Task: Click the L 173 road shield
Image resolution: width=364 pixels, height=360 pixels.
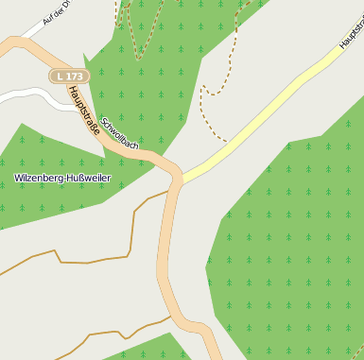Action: click(69, 75)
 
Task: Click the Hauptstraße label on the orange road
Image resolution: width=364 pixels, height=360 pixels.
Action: click(84, 110)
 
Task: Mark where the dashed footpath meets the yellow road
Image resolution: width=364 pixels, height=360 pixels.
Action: click(227, 142)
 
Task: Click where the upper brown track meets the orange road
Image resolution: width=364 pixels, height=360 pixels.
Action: click(170, 191)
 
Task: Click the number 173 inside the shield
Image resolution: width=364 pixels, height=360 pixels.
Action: click(73, 75)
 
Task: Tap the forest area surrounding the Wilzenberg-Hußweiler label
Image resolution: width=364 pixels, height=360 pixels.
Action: click(57, 203)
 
